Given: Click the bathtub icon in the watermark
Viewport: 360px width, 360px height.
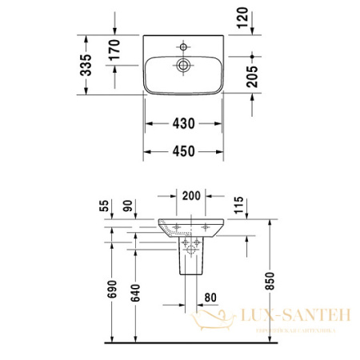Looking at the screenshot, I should pyautogui.click(x=207, y=322).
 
